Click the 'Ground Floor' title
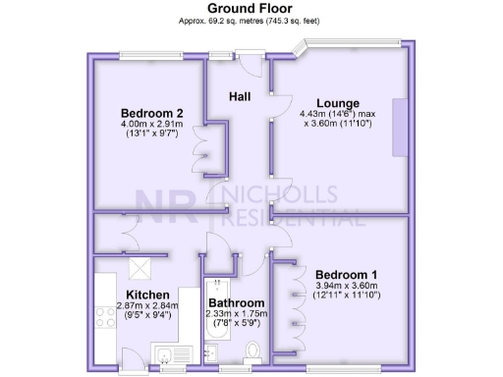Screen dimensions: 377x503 point(250,8)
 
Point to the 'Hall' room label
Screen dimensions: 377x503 point(240,96)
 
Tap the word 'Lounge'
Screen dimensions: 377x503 point(337,103)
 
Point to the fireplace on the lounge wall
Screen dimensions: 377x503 point(400,127)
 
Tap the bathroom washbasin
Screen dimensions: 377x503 point(214,350)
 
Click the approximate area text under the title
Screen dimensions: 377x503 point(251,21)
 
